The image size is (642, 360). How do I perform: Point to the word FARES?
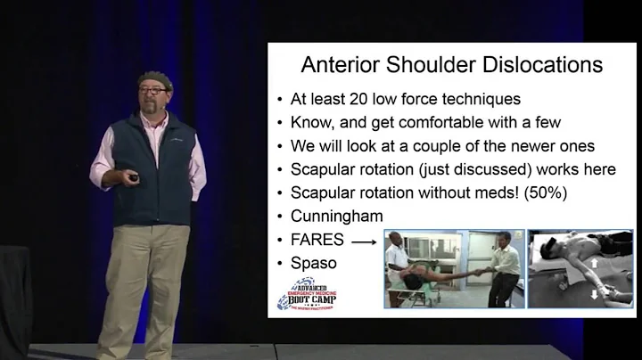pyautogui.click(x=317, y=240)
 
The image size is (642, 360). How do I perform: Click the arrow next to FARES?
pyautogui.click(x=361, y=240)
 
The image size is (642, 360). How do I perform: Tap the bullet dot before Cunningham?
pyautogui.click(x=281, y=217)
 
